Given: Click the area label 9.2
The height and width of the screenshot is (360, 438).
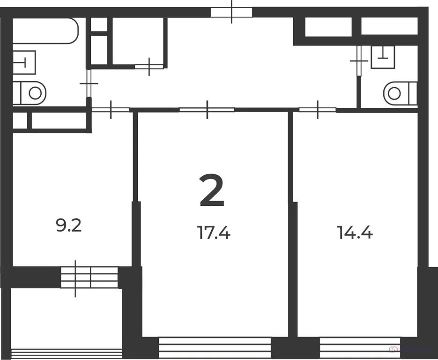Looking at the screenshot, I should pos(69,226).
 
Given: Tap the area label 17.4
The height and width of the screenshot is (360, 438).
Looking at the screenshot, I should pos(214,232).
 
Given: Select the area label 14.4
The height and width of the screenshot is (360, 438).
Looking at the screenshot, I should pos(355,232).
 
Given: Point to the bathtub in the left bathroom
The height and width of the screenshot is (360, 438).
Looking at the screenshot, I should pos(45,30).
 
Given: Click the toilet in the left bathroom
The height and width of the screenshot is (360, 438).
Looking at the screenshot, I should pos(30,93).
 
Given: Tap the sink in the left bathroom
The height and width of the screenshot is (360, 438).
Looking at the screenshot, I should pos(23,61).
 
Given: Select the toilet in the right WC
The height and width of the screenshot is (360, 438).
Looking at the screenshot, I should pos(400,93).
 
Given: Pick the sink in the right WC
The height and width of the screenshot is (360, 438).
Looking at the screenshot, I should pos(383,57).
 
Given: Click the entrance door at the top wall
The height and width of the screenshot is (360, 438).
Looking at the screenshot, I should pos(231,12).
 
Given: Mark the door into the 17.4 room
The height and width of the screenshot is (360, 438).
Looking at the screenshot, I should pos(207,110).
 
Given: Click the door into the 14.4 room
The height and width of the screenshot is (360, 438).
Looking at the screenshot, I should pos(317,110).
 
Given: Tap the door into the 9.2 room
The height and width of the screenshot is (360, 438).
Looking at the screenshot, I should pos(111,110).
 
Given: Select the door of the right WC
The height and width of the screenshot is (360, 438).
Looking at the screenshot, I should pos(359,61).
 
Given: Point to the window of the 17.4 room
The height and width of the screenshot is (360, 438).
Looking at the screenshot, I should pos(215,348).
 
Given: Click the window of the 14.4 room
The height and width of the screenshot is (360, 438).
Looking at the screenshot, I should pos(360,348).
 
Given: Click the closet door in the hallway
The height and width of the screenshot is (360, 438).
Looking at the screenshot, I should pos(149,67).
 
